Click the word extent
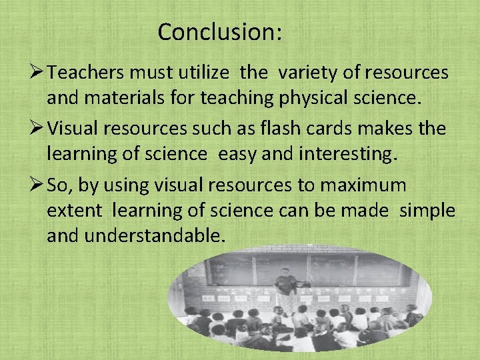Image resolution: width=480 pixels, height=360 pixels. click(x=75, y=211)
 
